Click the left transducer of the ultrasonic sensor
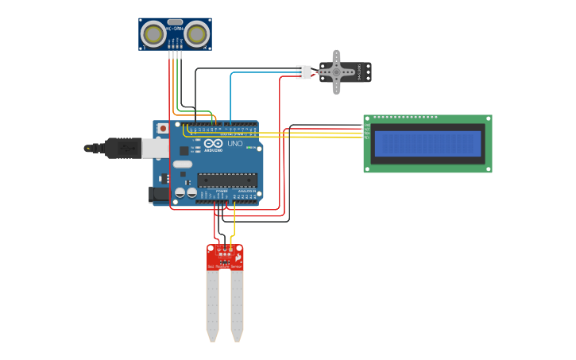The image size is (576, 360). coord(153,34)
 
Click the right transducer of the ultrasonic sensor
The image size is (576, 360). coord(196,34)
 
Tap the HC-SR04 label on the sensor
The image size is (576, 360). coord(175,29)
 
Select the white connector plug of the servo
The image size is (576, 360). coord(303,72)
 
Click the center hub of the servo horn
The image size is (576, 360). coord(336,72)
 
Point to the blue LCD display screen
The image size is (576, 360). coord(427,144)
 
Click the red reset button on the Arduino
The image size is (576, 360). coord(163,128)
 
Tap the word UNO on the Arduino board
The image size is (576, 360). coord(235,144)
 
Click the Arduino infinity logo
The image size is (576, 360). coord(213,144)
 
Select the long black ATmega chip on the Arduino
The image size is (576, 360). coord(226,180)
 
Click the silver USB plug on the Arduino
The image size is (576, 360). coord(155,148)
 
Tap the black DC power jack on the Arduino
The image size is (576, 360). coord(160,194)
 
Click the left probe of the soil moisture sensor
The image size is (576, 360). coord(212,306)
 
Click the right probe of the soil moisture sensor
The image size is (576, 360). coord(237,306)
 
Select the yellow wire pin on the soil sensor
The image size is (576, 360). coord(231,249)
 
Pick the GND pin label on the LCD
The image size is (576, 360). coord(366,125)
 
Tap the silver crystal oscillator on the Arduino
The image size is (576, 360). coord(182,164)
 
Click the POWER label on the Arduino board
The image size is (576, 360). coord(222,191)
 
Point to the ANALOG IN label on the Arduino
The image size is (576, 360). coord(247,191)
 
